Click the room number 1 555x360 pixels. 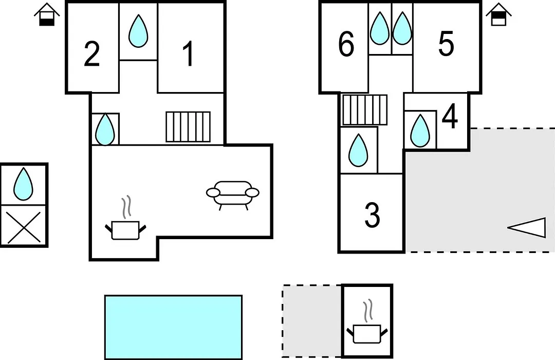(x=189, y=53)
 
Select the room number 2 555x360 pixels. (x=91, y=54)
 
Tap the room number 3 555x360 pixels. (x=373, y=215)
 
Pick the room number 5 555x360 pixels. (x=446, y=44)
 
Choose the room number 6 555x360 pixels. (x=346, y=44)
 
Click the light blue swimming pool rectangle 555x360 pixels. (x=174, y=327)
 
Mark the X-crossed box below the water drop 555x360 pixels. (x=24, y=225)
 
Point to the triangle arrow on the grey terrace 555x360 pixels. (x=527, y=227)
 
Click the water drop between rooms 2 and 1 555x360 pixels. (x=138, y=31)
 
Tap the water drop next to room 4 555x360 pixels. (x=420, y=131)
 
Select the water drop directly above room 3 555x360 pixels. (x=358, y=150)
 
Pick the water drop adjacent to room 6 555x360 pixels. (x=380, y=28)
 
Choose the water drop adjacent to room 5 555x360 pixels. (x=402, y=28)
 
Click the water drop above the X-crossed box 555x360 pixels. (x=23, y=184)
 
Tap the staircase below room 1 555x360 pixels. (x=188, y=127)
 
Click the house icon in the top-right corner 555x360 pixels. (x=498, y=14)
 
